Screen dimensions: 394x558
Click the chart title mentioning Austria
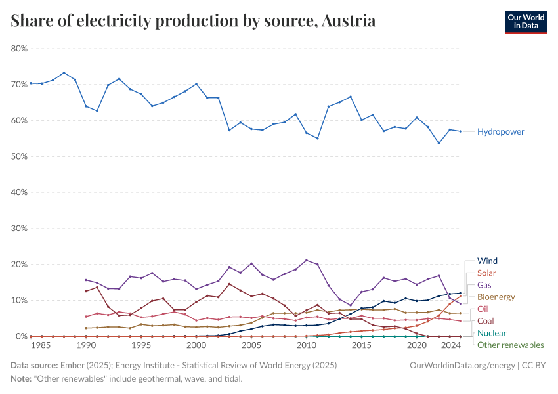[194, 21]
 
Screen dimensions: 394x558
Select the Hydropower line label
[500, 131]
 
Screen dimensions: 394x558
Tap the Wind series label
[487, 261]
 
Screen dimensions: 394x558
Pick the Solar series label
[486, 273]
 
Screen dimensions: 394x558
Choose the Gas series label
[484, 285]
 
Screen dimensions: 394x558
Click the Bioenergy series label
[496, 297]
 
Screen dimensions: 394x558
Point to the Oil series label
[483, 309]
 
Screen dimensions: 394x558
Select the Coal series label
[486, 321]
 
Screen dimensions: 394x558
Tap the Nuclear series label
[491, 333]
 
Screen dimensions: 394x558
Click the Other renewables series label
[510, 345]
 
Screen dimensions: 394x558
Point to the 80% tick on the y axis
[19, 49]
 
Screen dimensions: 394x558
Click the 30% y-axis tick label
[19, 229]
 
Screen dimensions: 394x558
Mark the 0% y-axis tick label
[21, 336]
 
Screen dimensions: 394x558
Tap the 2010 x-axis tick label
[307, 345]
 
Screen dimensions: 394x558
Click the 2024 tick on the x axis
[451, 345]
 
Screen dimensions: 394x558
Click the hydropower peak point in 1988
[64, 73]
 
